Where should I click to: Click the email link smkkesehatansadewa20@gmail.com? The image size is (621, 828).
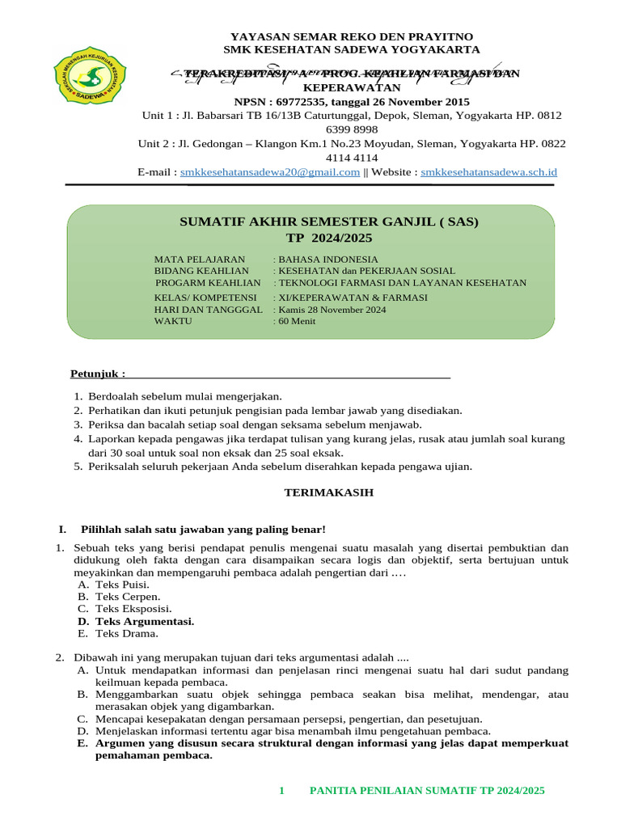click(270, 172)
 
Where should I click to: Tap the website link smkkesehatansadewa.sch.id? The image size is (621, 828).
click(489, 172)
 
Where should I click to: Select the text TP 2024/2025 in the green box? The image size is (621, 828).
click(311, 238)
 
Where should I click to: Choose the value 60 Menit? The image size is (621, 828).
click(298, 321)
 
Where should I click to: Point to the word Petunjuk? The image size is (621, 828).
click(97, 374)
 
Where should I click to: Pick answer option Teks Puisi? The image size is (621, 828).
click(122, 583)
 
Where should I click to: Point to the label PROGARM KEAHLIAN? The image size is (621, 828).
click(209, 283)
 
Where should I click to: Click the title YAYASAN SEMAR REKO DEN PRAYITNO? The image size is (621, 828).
click(352, 37)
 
